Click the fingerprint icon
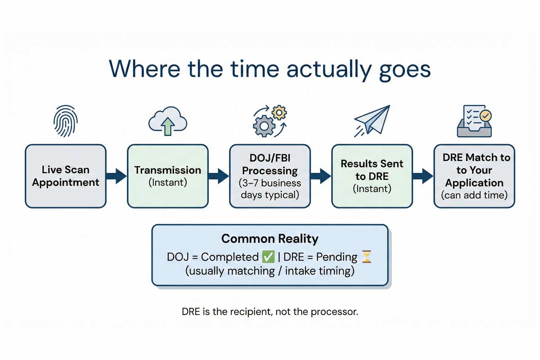(65, 121)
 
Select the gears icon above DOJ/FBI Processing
(270, 120)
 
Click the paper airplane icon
(371, 119)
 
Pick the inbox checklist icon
(474, 121)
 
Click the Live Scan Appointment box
(65, 176)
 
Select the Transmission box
(167, 176)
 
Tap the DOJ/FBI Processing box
(270, 176)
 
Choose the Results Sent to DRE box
(372, 176)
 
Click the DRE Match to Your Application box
(474, 176)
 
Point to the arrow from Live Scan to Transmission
(117, 176)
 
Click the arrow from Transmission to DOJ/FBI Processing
(219, 176)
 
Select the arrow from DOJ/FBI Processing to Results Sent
(321, 176)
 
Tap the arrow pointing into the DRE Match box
(423, 176)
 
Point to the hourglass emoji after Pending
(367, 257)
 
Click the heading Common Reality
(270, 238)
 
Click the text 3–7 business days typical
(270, 189)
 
